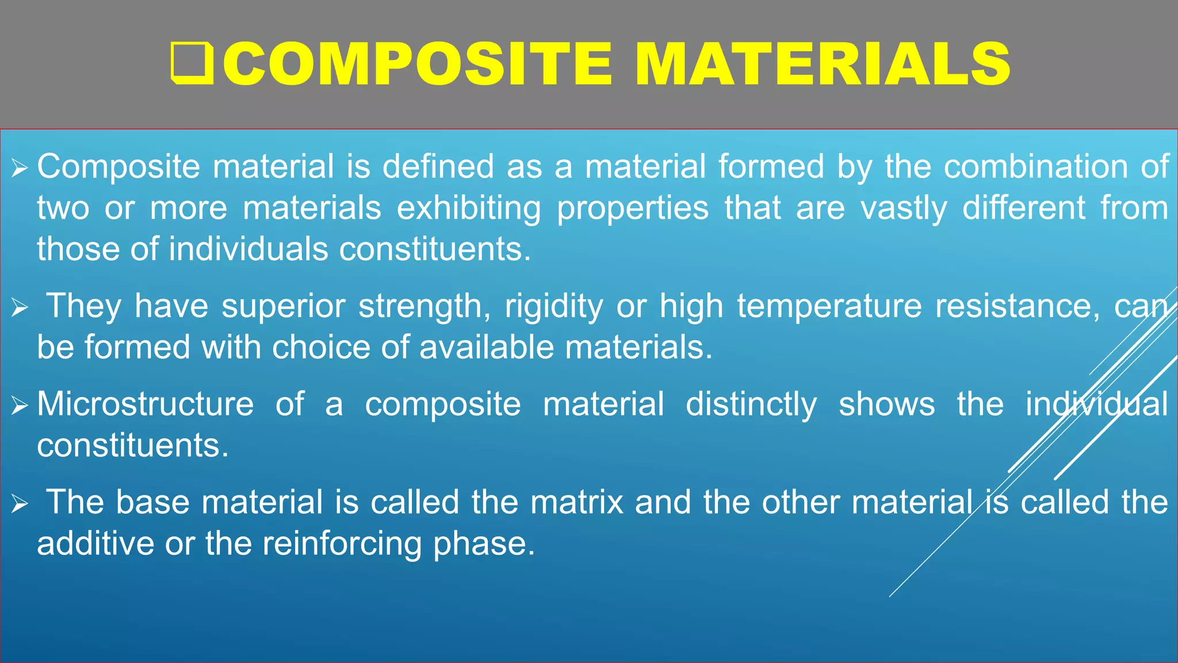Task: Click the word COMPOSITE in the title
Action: pyautogui.click(x=417, y=64)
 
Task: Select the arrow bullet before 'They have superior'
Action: pyautogui.click(x=20, y=308)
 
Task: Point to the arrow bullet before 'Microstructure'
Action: pyautogui.click(x=20, y=406)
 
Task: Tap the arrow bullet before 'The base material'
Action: pyautogui.click(x=20, y=505)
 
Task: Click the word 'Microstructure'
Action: pyautogui.click(x=146, y=404)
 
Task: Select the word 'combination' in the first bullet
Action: pyautogui.click(x=1036, y=167)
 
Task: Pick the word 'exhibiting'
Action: pyautogui.click(x=469, y=208)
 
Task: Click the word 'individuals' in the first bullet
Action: pyautogui.click(x=248, y=249)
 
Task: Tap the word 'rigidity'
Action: pyautogui.click(x=554, y=306)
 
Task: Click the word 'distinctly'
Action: pyautogui.click(x=751, y=404)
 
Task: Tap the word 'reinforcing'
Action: pyautogui.click(x=342, y=544)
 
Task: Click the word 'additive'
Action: pyautogui.click(x=95, y=544)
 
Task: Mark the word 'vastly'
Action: pyautogui.click(x=904, y=208)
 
